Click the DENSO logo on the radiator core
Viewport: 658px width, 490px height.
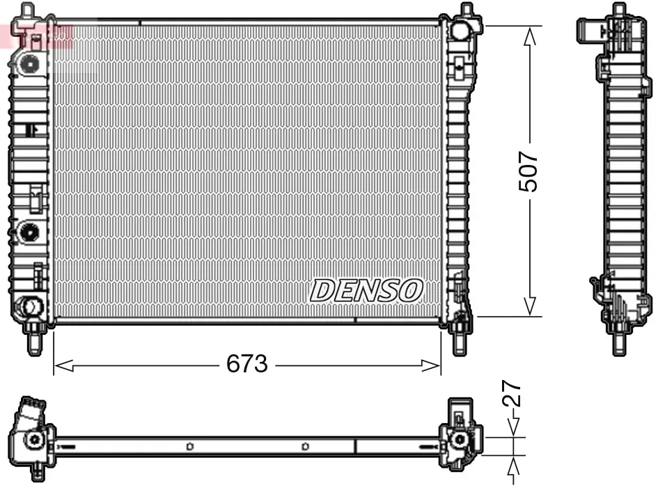(366, 290)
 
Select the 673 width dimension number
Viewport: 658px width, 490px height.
(247, 363)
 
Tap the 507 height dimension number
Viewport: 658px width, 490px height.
(529, 171)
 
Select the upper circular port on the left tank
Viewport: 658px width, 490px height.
(29, 63)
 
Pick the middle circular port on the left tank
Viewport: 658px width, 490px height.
(29, 231)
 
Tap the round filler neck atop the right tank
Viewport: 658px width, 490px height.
(460, 30)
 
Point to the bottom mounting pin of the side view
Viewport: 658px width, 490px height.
(618, 341)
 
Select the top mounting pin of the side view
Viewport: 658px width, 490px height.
(618, 13)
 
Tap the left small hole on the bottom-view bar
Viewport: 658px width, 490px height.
(189, 446)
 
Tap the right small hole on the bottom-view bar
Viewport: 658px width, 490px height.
(305, 446)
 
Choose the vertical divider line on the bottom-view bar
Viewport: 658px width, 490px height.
(356, 446)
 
